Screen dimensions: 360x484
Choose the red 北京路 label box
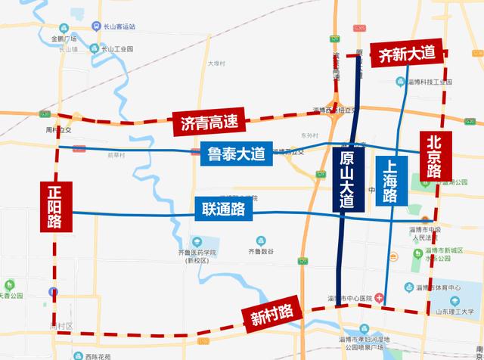pos(434,157)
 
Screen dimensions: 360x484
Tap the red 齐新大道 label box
pos(407,54)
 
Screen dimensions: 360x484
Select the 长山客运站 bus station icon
pos(96,26)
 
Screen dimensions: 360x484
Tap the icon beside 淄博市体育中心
pos(409,287)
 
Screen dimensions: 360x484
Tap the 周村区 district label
pos(58,326)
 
